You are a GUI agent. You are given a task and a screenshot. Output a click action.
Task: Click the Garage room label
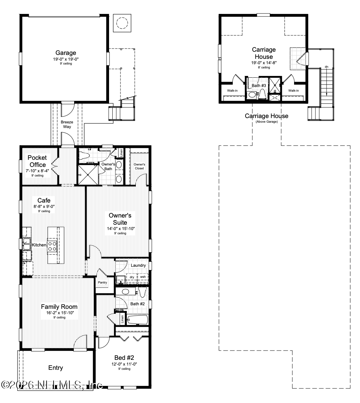(x=65, y=53)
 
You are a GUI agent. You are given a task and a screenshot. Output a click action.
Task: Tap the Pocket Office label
(x=37, y=161)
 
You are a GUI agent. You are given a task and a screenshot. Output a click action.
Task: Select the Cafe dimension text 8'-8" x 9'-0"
(x=44, y=206)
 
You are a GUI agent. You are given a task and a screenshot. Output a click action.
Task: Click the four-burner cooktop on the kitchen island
(x=52, y=246)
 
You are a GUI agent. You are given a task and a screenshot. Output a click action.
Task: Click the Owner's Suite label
(x=120, y=219)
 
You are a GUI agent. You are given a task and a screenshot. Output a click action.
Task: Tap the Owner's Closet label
(x=139, y=166)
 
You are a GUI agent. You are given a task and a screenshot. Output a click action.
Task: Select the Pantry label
(x=102, y=282)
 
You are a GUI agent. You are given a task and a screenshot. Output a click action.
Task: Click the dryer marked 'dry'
(x=132, y=277)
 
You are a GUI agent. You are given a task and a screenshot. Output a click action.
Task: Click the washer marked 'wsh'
(x=143, y=277)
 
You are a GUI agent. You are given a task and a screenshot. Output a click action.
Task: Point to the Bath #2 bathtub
(x=137, y=320)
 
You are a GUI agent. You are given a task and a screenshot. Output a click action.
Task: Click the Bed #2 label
(x=124, y=358)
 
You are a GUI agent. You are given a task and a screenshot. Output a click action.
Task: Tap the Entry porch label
(x=55, y=368)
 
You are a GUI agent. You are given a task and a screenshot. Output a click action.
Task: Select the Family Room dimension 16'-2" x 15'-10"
(x=59, y=312)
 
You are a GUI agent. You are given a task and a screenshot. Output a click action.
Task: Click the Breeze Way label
(x=67, y=124)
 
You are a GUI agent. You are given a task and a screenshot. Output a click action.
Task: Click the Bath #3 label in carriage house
(x=259, y=86)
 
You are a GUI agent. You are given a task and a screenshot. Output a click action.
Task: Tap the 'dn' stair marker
(x=326, y=67)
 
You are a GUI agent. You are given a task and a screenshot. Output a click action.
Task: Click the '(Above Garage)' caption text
(x=266, y=122)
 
